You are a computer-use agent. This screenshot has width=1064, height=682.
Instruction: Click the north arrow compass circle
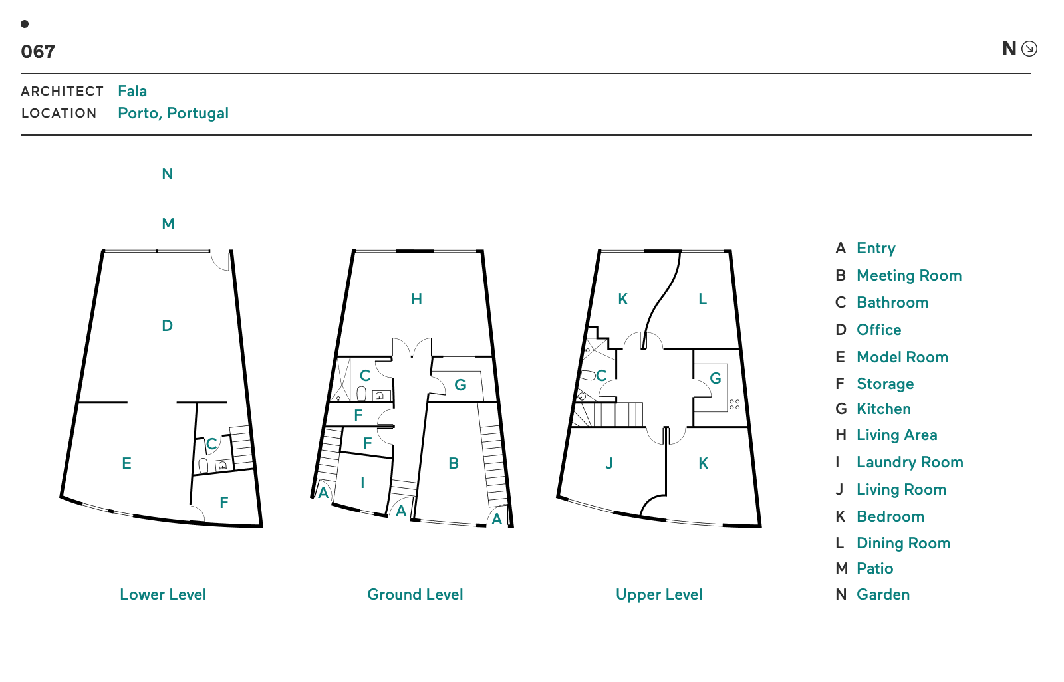pyautogui.click(x=1029, y=49)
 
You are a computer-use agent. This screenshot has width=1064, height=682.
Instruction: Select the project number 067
pyautogui.click(x=38, y=51)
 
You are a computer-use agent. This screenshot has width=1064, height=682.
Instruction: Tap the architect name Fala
pyautogui.click(x=132, y=90)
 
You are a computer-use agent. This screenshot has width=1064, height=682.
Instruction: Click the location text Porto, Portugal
pyautogui.click(x=174, y=113)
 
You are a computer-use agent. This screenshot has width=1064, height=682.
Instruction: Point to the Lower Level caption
pyautogui.click(x=163, y=594)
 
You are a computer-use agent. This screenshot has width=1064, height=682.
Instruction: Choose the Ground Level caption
pyautogui.click(x=415, y=594)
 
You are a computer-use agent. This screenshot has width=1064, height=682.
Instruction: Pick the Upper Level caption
pyautogui.click(x=659, y=594)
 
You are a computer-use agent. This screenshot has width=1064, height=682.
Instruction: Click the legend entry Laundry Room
pyautogui.click(x=910, y=462)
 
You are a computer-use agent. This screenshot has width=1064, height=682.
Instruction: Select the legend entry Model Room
pyautogui.click(x=902, y=357)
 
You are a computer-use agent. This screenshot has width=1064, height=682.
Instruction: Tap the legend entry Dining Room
pyautogui.click(x=904, y=543)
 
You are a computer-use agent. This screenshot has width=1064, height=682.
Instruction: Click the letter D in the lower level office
pyautogui.click(x=167, y=326)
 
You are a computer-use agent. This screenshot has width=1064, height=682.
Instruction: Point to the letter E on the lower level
pyautogui.click(x=126, y=463)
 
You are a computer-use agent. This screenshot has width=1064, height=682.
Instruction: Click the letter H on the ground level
pyautogui.click(x=416, y=299)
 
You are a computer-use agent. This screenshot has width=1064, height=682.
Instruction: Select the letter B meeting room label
pyautogui.click(x=454, y=463)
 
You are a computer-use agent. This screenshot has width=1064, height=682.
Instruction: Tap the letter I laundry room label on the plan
pyautogui.click(x=363, y=483)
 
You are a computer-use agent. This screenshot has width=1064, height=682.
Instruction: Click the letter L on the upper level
pyautogui.click(x=702, y=299)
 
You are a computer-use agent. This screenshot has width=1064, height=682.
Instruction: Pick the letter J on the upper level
pyautogui.click(x=609, y=463)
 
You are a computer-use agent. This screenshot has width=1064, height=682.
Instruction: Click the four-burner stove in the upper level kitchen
pyautogui.click(x=734, y=405)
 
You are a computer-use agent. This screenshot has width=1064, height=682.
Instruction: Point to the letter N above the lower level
pyautogui.click(x=167, y=174)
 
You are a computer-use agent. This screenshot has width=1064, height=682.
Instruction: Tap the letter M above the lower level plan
pyautogui.click(x=168, y=224)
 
